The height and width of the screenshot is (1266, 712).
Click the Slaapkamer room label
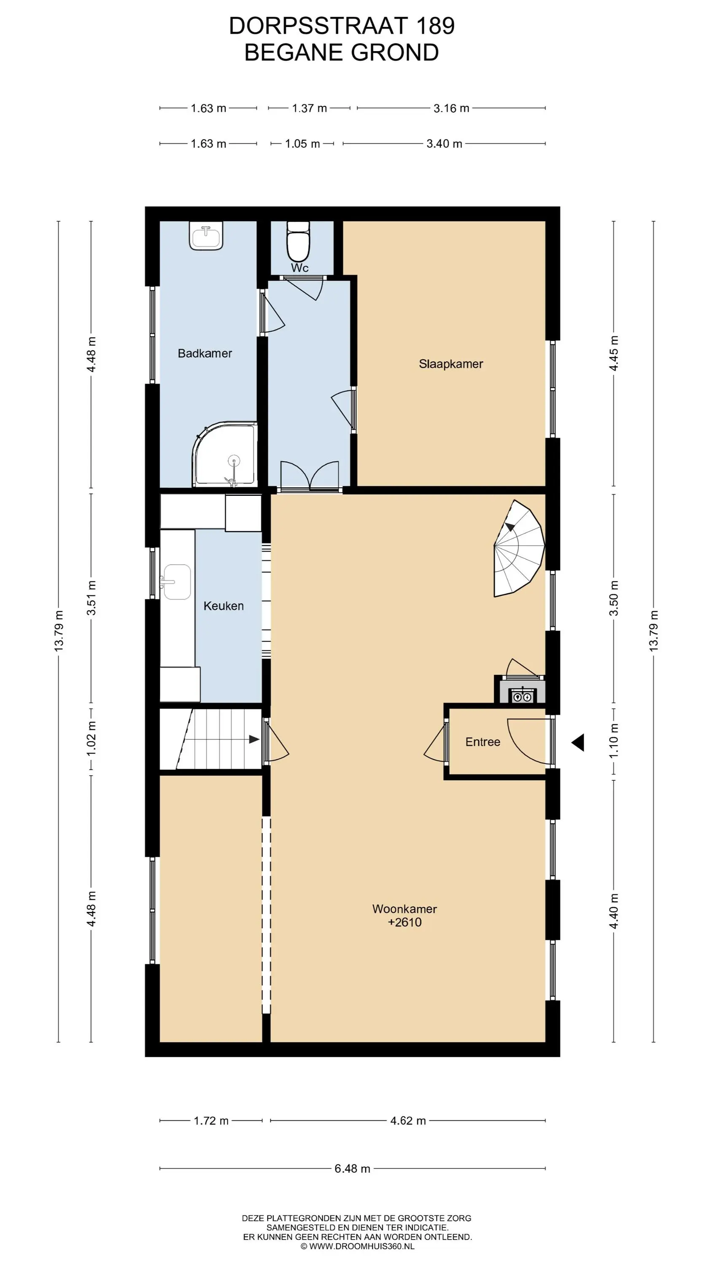pos(450,364)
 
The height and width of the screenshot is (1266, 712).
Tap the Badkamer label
pos(205,353)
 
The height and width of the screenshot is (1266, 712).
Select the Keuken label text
pos(224,606)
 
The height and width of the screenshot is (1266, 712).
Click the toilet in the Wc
pos(298,241)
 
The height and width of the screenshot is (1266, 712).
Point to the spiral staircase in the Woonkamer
pos(519,549)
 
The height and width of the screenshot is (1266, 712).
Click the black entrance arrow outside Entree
pos(578,742)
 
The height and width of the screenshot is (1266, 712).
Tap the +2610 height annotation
pos(405,922)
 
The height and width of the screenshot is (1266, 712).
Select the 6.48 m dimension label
pos(352,1168)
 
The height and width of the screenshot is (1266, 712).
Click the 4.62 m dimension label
pos(408,1120)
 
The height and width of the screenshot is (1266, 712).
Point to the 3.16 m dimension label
pos(451,108)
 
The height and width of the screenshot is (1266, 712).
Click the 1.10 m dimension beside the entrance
pos(614,741)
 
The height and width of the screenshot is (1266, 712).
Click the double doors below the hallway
pos(310,476)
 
